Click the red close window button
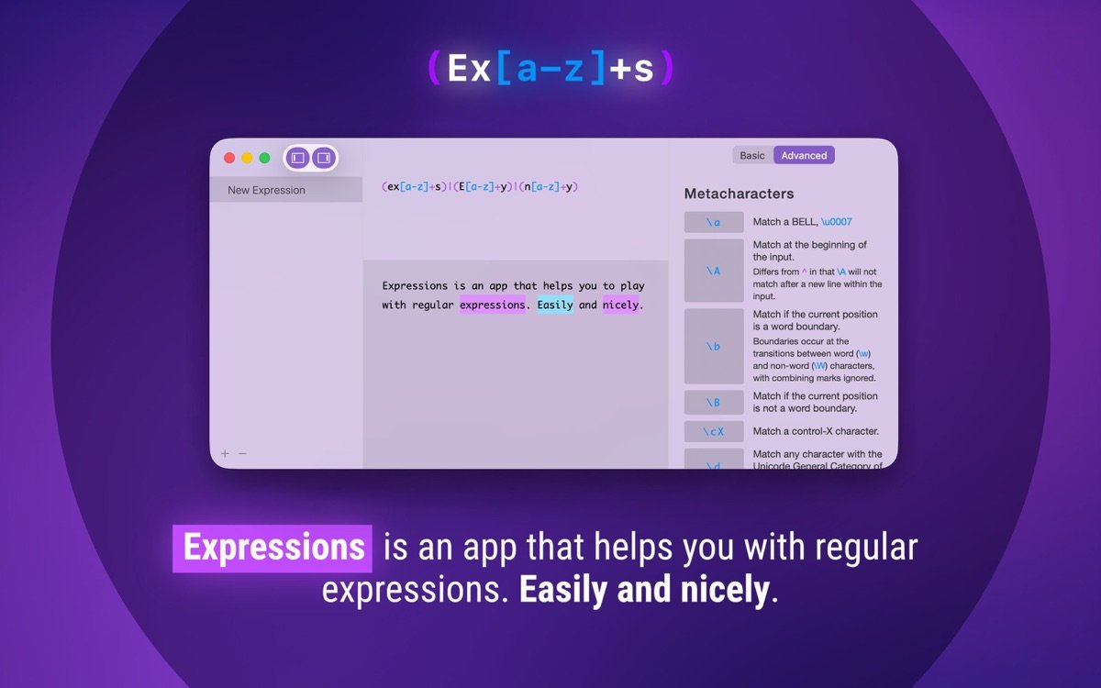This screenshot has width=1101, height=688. (x=229, y=158)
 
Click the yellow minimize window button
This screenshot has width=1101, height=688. (x=247, y=158)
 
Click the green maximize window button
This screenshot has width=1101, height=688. (x=264, y=158)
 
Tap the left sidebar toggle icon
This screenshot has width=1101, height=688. (x=297, y=158)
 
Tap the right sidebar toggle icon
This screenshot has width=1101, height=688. (x=323, y=158)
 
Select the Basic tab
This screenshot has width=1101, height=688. (x=752, y=156)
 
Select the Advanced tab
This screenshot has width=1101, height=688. (x=804, y=156)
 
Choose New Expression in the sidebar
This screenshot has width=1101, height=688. (x=266, y=190)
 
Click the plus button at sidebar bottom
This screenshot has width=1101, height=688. (x=225, y=453)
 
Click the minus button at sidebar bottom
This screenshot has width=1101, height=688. (x=242, y=453)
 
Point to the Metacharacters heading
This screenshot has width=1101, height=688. (x=739, y=194)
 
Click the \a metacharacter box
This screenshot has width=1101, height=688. (x=714, y=222)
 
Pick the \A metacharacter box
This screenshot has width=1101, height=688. (x=714, y=271)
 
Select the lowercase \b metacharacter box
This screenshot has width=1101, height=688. (x=714, y=346)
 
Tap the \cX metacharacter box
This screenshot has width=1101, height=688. (x=714, y=431)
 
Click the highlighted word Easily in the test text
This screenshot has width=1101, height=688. (x=555, y=305)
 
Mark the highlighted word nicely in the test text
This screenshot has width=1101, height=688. (x=620, y=305)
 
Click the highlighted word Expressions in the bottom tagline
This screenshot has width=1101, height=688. (x=272, y=548)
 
